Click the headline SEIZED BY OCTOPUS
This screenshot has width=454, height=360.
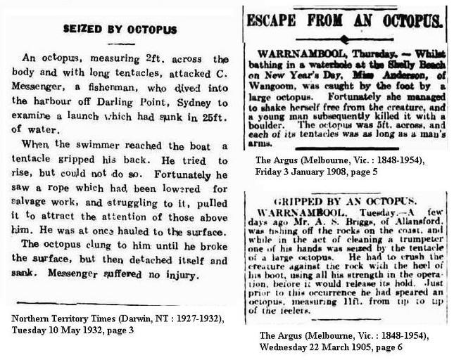coord(120,30)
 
